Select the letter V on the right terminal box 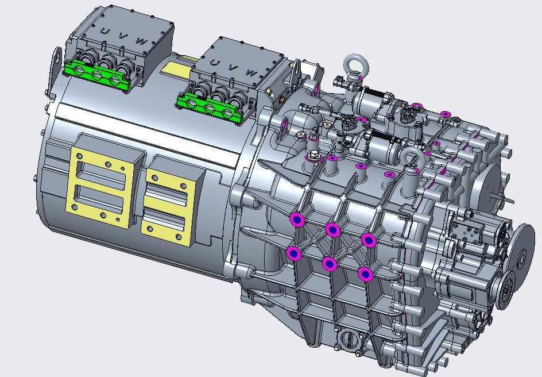tap(231, 67)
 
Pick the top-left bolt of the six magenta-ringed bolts tap(297, 219)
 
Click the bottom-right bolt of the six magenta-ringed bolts tap(365, 274)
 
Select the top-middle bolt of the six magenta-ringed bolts tap(332, 229)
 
